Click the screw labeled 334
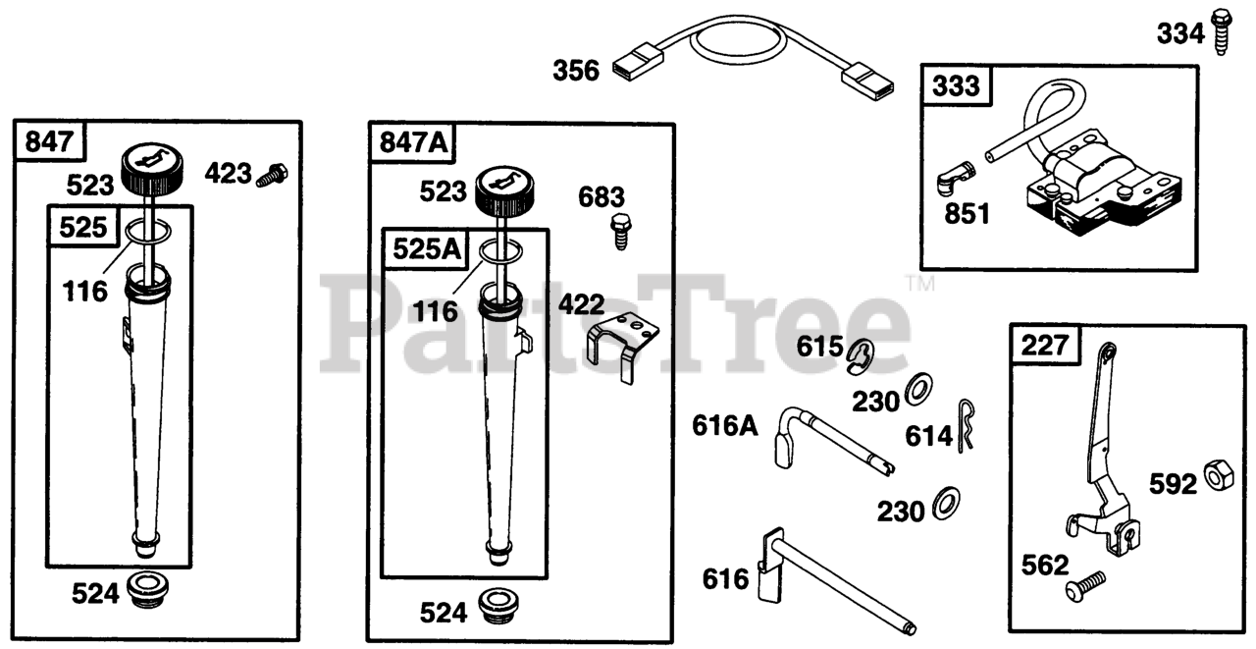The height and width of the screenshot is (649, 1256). (1221, 31)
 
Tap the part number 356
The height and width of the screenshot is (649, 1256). (576, 71)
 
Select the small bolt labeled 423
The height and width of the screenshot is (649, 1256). (273, 175)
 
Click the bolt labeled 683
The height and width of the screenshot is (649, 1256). (621, 232)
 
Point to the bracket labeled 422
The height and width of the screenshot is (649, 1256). (622, 346)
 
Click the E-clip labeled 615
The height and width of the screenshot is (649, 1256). (861, 356)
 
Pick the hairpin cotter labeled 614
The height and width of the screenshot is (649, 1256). (966, 424)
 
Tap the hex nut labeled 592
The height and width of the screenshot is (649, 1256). (1219, 474)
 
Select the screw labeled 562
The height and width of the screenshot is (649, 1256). (1085, 586)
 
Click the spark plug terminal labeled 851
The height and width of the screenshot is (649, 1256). (955, 179)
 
